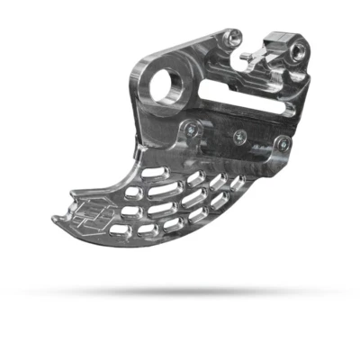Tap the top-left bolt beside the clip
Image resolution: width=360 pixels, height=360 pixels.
(x=233, y=37)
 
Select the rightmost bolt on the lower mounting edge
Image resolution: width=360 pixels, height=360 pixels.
(x=284, y=143)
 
